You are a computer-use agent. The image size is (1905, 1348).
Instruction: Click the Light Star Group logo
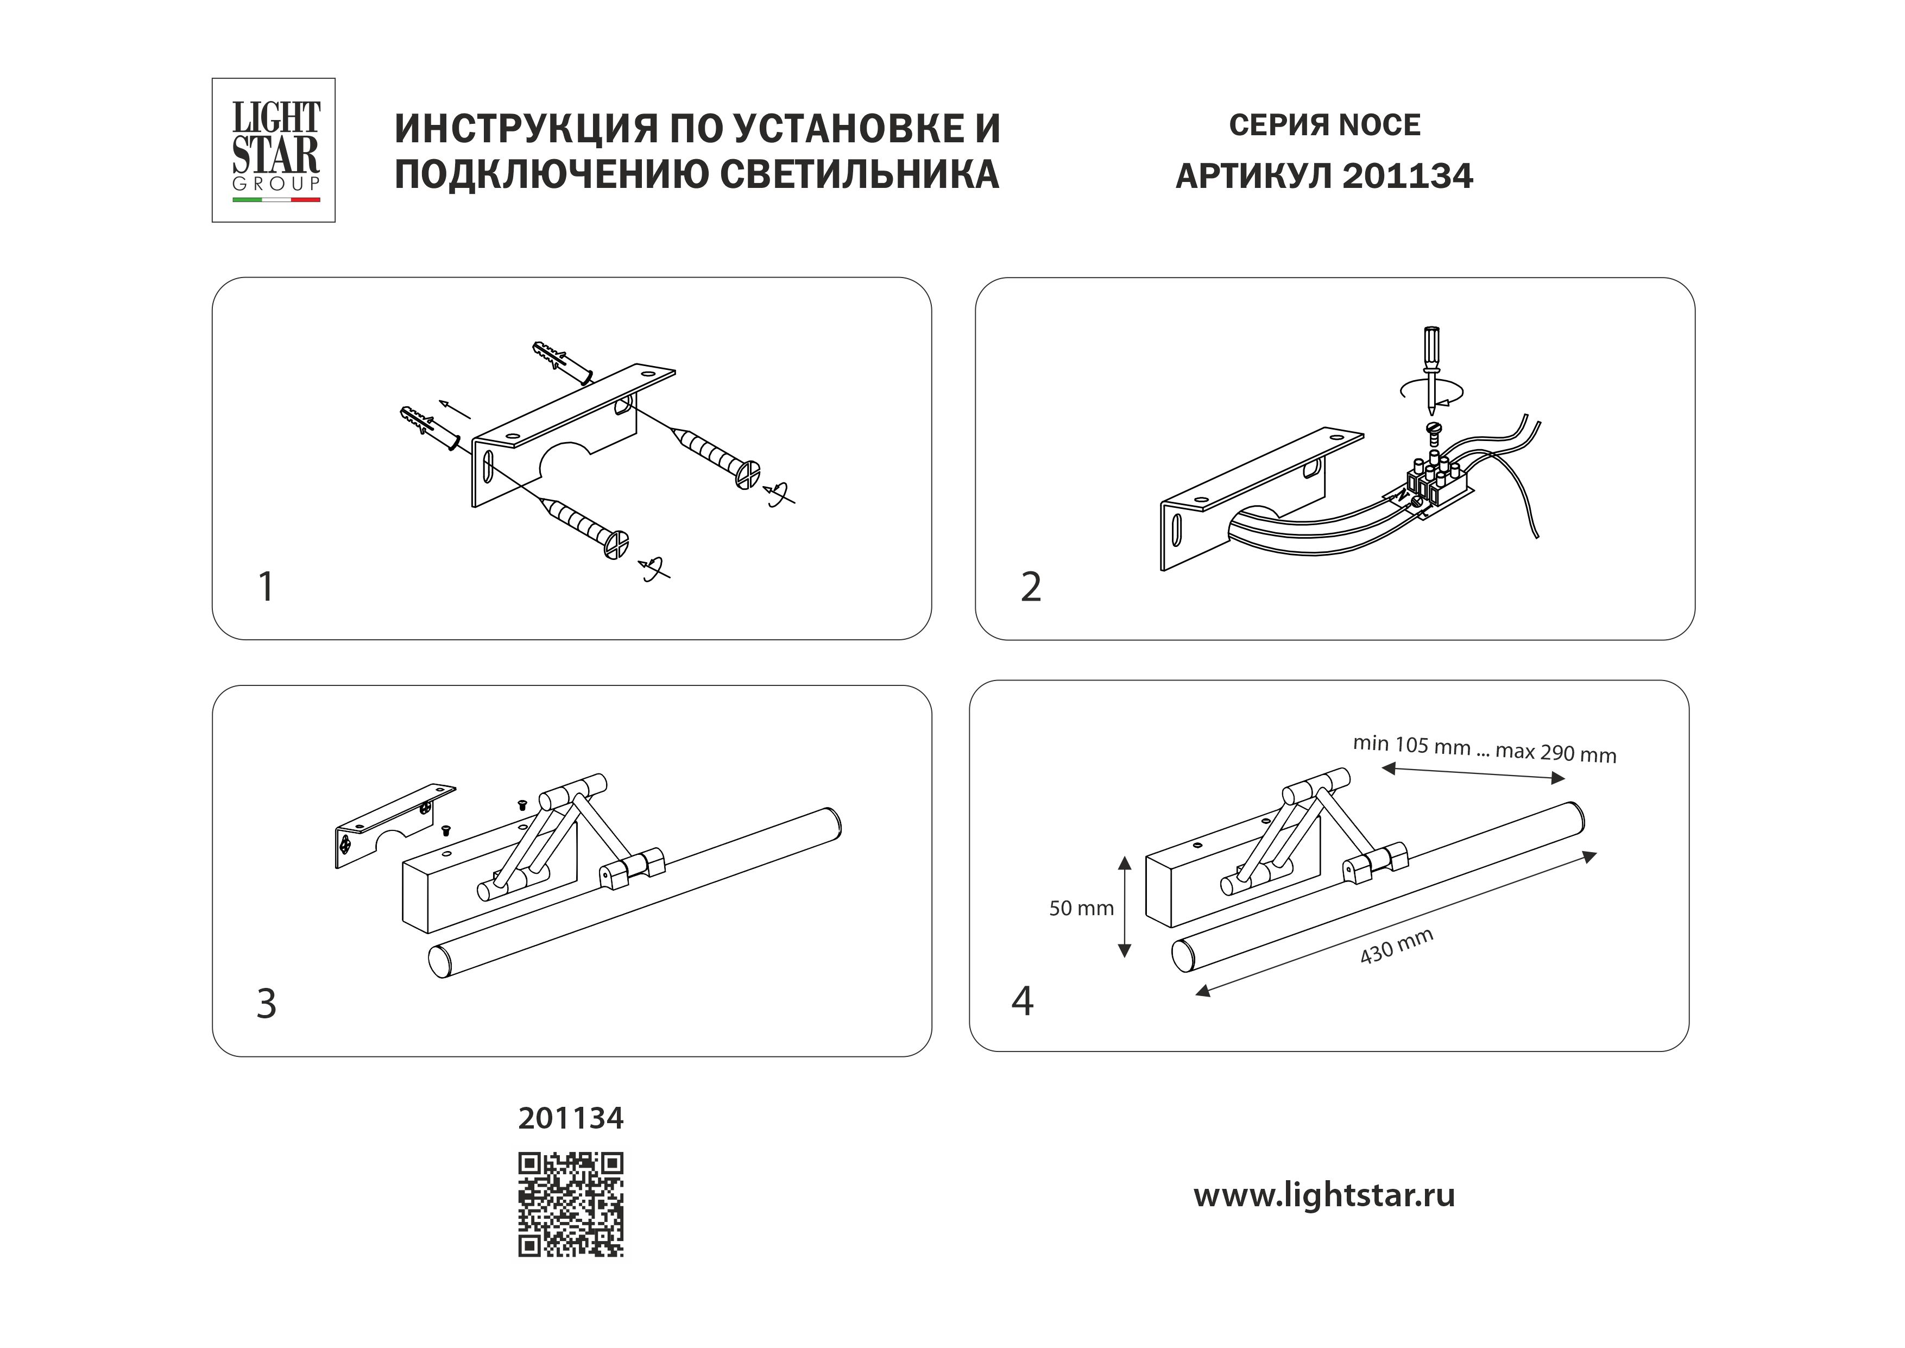coord(274,150)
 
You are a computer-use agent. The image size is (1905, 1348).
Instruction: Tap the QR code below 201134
coord(571,1205)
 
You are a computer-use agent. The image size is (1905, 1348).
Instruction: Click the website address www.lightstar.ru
coord(1324,1195)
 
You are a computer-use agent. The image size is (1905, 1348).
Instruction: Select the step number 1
coord(266,587)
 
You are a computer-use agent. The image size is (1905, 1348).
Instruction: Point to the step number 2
coord(1031,587)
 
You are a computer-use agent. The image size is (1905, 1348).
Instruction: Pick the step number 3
coord(266,1004)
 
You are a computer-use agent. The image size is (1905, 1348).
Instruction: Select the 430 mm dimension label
coord(1397,947)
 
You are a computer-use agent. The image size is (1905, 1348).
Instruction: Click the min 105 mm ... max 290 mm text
coord(1484,749)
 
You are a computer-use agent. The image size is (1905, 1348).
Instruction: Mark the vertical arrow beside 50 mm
coord(1124,907)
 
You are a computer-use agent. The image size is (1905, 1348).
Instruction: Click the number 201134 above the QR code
coord(571,1119)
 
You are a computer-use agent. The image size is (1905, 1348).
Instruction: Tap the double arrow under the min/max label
coord(1473,774)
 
